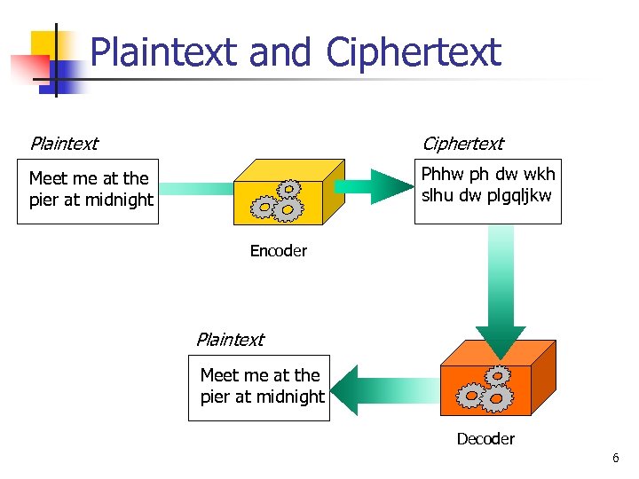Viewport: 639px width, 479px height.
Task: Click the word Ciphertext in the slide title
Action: tap(414, 52)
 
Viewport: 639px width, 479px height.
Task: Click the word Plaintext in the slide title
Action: tap(166, 52)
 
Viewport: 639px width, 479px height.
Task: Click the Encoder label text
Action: tap(278, 251)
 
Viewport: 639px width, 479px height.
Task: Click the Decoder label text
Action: tap(485, 439)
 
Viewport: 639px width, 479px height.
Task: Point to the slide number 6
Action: tap(615, 459)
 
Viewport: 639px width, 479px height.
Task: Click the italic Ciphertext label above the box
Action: tap(461, 144)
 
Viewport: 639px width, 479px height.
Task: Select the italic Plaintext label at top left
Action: tap(64, 144)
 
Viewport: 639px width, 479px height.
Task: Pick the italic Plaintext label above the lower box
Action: tap(230, 340)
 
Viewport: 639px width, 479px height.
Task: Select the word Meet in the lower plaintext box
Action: tap(218, 375)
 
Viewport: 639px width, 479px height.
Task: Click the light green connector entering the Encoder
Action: tap(195, 189)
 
